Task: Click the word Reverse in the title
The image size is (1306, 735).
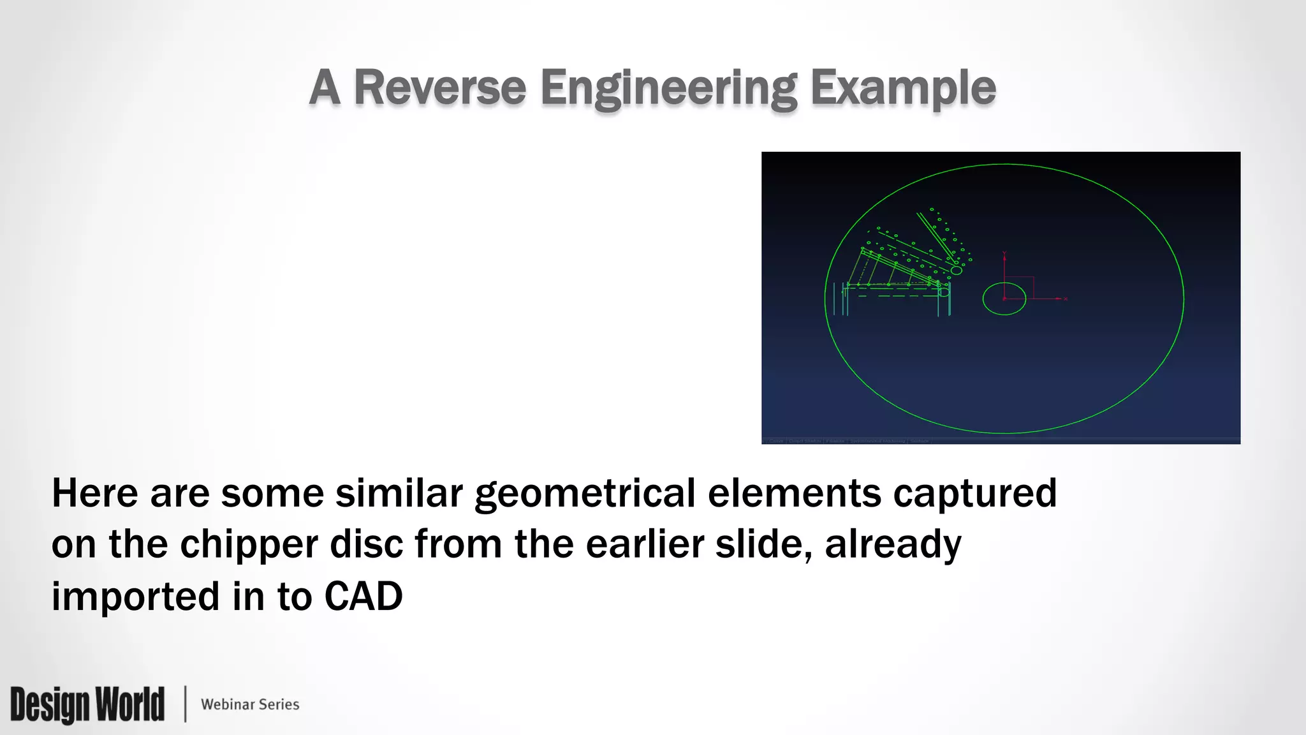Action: point(439,87)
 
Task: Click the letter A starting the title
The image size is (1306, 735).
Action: point(324,87)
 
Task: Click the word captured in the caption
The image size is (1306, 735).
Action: point(974,494)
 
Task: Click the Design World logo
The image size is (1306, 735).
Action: point(87,704)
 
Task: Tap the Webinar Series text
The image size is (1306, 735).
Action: point(250,704)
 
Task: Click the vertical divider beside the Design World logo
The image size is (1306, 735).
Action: point(186,704)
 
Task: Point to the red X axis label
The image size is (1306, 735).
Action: point(1066,299)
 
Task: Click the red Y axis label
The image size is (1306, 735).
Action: point(1004,253)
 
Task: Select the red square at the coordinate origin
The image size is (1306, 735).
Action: point(1019,287)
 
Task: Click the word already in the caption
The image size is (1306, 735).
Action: point(893,544)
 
